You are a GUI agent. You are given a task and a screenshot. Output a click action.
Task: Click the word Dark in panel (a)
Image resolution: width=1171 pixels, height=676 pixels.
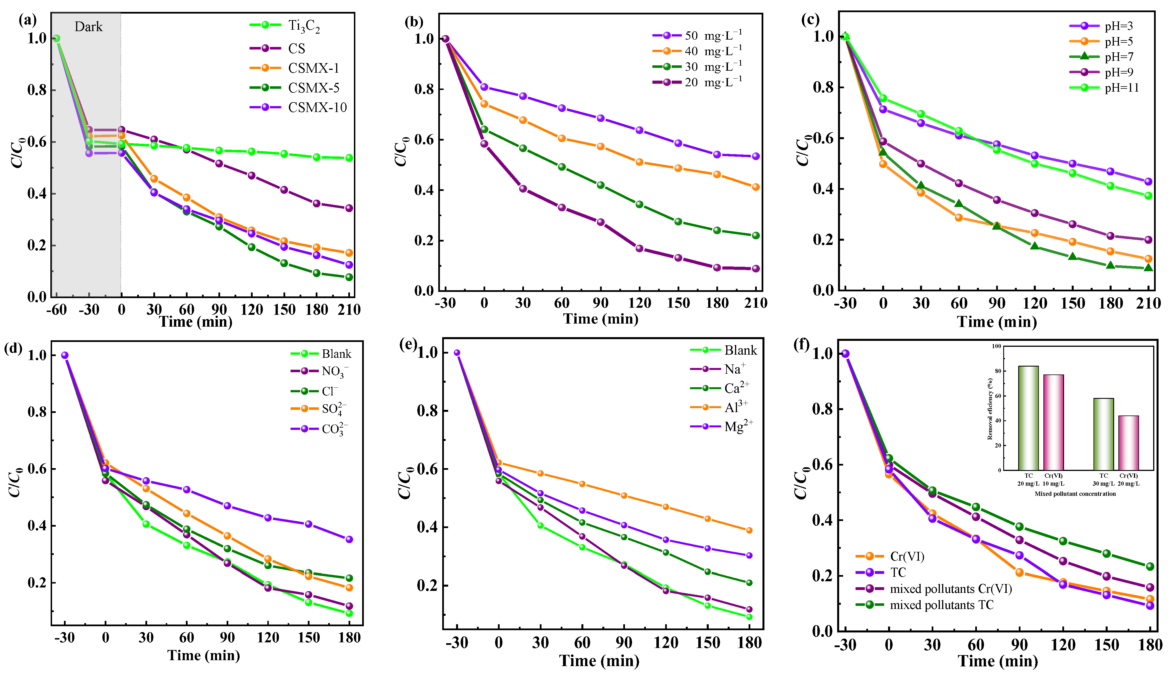coord(88,27)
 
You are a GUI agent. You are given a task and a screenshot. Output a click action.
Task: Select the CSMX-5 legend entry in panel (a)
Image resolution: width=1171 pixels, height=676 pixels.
coord(313,88)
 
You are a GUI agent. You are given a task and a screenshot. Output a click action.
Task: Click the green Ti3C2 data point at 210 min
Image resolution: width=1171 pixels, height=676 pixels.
coord(349,158)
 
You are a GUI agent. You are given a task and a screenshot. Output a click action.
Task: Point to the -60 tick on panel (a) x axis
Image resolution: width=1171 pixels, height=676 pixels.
coord(56,310)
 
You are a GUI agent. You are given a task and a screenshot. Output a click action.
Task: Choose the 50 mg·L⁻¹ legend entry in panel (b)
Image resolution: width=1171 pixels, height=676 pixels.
coord(713,36)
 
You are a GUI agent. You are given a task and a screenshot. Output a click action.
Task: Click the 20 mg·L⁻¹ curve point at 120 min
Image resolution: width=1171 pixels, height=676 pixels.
coord(639,248)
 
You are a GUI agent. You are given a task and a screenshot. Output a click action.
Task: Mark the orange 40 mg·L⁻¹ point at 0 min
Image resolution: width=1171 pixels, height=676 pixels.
coord(484,104)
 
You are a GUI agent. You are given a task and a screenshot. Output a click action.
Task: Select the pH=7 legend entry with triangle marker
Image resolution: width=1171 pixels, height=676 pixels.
coord(1119,57)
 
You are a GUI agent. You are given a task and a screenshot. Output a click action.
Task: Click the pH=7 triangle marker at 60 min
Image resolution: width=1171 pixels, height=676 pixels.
coord(959,204)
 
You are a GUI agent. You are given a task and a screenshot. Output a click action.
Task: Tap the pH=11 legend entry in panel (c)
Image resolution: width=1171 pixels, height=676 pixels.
coord(1121,88)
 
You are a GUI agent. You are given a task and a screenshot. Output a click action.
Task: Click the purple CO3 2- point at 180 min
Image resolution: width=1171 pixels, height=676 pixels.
coord(349,539)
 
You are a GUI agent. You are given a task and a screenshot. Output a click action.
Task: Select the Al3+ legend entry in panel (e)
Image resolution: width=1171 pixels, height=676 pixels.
coord(736,408)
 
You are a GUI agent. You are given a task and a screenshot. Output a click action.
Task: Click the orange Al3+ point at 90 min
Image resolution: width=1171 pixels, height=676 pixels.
coord(624,495)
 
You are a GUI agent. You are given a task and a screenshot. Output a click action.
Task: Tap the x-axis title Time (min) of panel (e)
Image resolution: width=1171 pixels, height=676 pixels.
coord(599,661)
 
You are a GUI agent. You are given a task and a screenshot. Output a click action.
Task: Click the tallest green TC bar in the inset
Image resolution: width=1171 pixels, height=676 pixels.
coord(1028,418)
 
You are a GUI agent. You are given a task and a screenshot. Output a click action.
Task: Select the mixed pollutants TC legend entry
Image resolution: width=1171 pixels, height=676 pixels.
coord(941,605)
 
